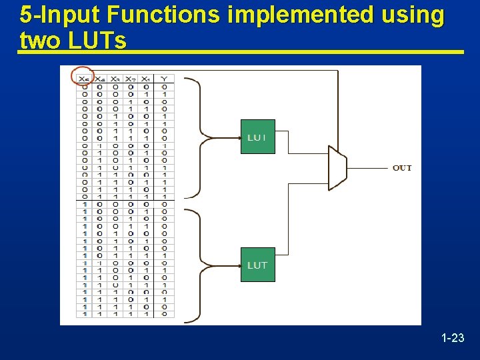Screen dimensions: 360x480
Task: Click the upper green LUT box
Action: point(257,137)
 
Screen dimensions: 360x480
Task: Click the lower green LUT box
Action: point(257,265)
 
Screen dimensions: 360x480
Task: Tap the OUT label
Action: point(402,168)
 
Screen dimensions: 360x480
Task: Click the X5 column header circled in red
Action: point(84,79)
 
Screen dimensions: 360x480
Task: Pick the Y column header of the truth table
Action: point(164,79)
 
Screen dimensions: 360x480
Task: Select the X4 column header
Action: point(100,79)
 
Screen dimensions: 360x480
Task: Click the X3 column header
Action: point(115,79)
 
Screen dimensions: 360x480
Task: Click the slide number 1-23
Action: point(453,339)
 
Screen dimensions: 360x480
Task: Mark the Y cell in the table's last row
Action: point(164,313)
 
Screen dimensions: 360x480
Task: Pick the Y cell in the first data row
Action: point(164,86)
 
